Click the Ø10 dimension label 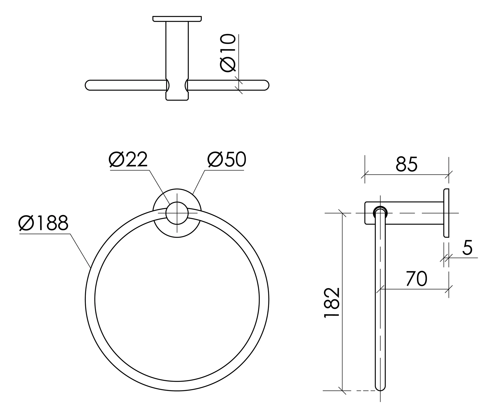coord(228,53)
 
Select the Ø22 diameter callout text coord(128,159)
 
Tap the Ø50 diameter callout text coord(227,159)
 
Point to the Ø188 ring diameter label coord(44,223)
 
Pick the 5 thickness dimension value coord(467,247)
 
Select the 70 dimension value coord(417,279)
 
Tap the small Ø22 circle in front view coord(177,213)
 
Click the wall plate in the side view coord(446,213)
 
